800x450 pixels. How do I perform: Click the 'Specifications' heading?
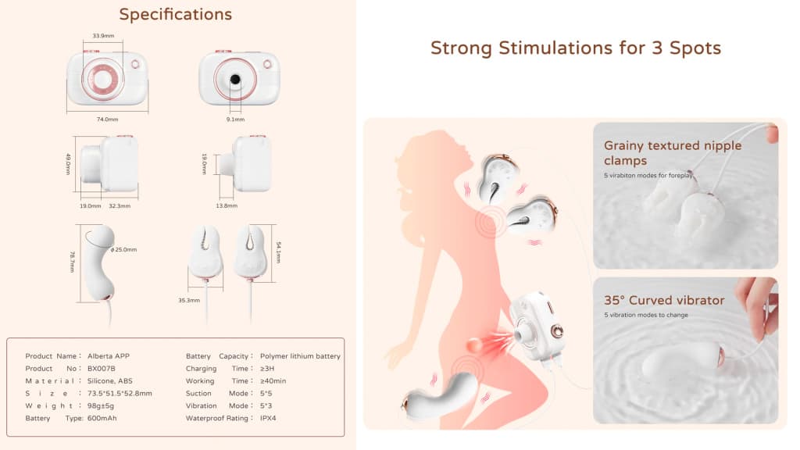point(176,15)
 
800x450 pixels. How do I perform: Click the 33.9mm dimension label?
point(103,36)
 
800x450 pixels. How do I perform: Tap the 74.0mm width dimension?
point(107,119)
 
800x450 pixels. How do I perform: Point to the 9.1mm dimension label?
point(235,119)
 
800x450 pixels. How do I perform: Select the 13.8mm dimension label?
point(227,205)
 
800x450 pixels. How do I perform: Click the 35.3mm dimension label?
point(189,300)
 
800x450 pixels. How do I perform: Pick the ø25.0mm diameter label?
point(124,249)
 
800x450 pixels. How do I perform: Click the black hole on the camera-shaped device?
point(235,79)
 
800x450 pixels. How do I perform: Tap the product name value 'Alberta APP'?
point(108,356)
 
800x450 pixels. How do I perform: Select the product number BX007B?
point(101,369)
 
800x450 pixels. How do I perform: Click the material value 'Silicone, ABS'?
point(109,380)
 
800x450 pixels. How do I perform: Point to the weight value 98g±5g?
point(101,405)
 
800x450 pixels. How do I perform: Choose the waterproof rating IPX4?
point(268,418)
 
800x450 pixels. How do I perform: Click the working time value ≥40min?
point(273,380)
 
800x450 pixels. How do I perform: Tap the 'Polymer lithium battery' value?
point(300,356)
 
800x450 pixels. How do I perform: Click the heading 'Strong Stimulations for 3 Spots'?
point(576,48)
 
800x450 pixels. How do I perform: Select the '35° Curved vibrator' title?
point(664,300)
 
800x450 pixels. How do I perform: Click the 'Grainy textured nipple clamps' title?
point(673,152)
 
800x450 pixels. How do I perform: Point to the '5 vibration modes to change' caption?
point(646,315)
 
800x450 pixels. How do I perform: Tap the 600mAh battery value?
point(102,418)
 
